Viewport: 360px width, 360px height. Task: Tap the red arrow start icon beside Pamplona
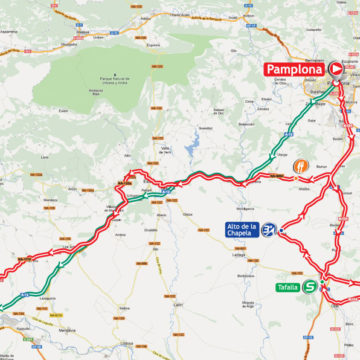click(336, 70)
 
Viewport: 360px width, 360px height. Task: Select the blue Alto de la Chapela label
click(242, 229)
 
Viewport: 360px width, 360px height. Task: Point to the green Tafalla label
click(289, 287)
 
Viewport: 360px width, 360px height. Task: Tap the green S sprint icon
click(311, 286)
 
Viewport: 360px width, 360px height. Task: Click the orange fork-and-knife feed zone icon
click(300, 167)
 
